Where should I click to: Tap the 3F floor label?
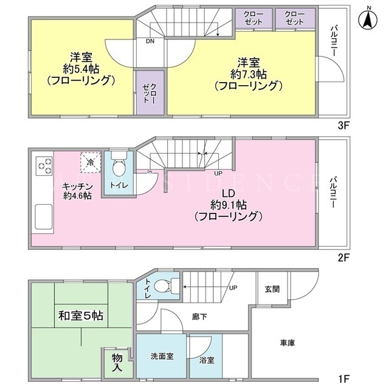(x=343, y=126)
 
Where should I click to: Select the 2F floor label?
(x=343, y=258)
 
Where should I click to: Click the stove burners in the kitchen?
(x=44, y=166)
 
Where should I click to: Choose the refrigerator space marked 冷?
(x=91, y=163)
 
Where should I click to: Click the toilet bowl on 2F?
(x=119, y=167)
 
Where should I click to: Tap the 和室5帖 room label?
(x=81, y=316)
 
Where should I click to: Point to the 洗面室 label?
(x=162, y=356)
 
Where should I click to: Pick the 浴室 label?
(x=207, y=360)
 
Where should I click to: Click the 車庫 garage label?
(x=287, y=343)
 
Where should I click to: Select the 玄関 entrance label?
(x=272, y=289)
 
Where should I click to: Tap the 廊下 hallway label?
(x=199, y=317)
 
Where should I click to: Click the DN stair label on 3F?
(x=150, y=41)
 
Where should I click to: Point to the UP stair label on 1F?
(x=233, y=287)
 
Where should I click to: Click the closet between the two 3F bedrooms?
(x=150, y=93)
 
